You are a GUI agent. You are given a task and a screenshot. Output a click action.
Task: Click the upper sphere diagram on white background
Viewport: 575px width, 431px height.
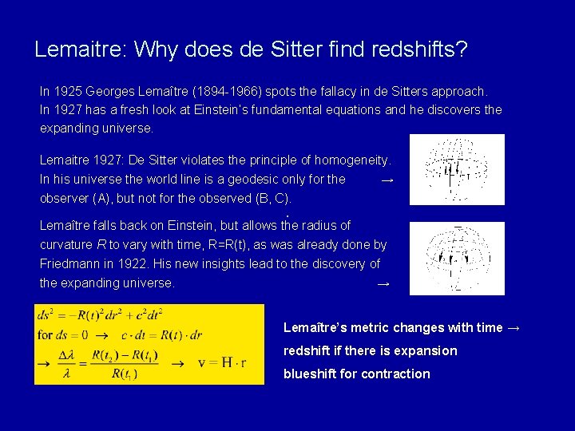457,170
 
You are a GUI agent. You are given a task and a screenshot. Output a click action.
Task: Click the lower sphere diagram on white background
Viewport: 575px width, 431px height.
457,258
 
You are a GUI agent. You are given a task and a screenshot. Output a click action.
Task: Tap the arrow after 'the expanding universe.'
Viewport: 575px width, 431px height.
383,283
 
